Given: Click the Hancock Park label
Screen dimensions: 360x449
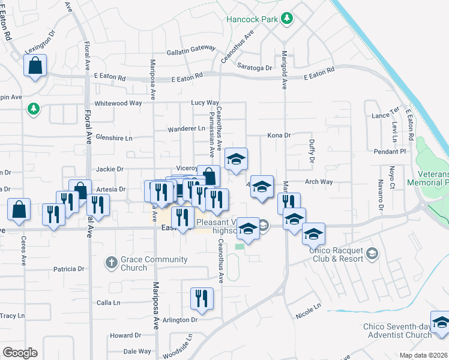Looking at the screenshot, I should click(x=253, y=19).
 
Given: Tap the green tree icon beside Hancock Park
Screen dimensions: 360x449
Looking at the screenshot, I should click(x=288, y=19).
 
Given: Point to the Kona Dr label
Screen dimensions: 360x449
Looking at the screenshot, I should click(x=279, y=136).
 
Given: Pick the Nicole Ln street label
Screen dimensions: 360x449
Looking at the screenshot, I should click(x=309, y=310).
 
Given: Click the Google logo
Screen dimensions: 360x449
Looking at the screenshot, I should click(x=20, y=353).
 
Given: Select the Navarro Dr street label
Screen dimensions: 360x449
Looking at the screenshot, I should click(x=381, y=195).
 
